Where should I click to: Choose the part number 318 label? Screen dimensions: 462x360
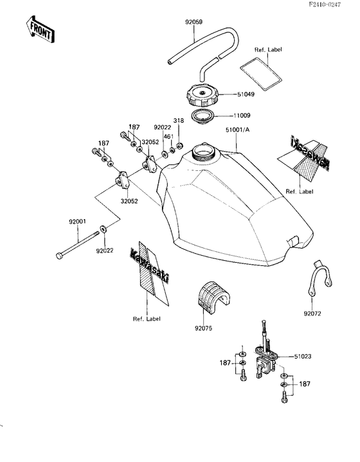tap(179, 120)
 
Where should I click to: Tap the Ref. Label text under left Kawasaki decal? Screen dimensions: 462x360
tap(147, 319)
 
